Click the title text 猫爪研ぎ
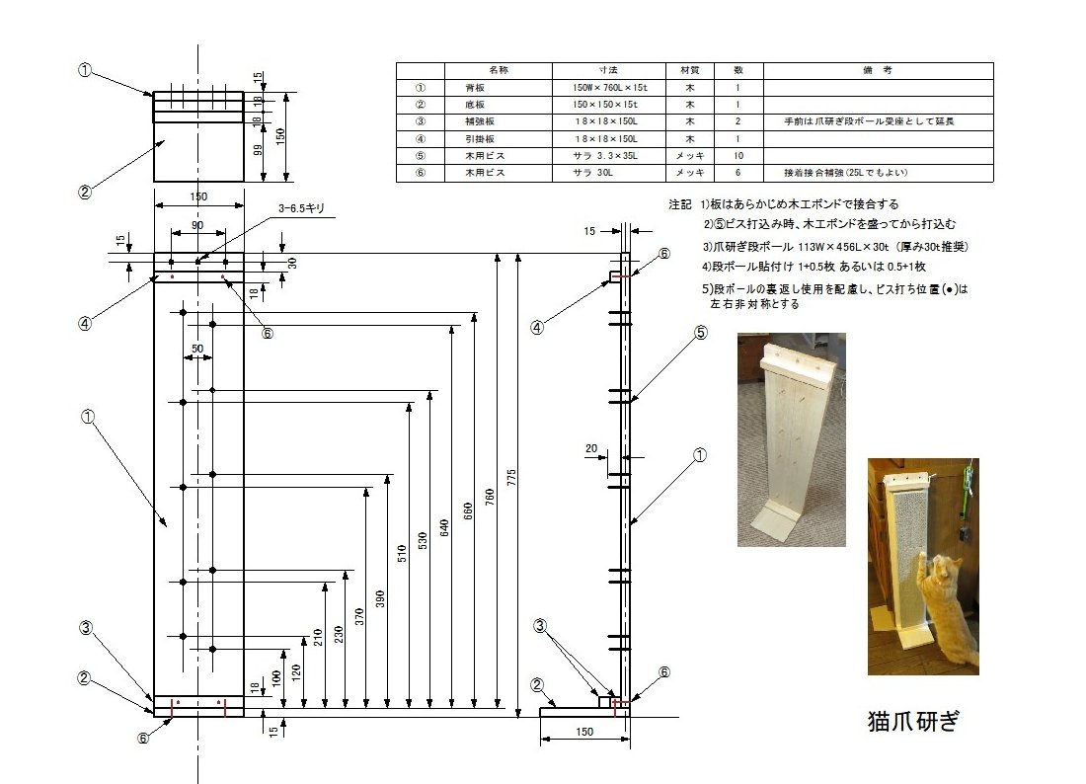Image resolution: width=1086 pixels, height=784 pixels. click(913, 721)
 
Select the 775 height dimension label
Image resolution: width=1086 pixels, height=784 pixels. click(511, 477)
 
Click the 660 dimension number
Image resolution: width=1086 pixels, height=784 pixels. click(468, 511)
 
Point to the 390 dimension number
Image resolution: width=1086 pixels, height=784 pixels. click(380, 599)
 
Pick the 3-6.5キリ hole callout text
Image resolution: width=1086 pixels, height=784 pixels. click(301, 208)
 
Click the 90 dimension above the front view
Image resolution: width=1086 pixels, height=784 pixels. click(198, 225)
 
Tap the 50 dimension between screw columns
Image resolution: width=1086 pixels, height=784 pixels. click(197, 349)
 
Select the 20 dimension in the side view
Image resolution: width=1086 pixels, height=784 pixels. click(590, 449)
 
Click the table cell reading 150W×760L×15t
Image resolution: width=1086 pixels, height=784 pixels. click(609, 88)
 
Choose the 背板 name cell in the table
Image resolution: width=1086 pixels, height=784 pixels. click(475, 88)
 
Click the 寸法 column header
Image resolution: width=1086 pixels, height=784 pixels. click(608, 71)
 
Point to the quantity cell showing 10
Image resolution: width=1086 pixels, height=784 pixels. click(738, 156)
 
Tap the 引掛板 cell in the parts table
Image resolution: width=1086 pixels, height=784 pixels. click(480, 139)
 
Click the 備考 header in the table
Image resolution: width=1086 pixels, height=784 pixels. click(878, 71)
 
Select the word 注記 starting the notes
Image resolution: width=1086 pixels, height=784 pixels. click(680, 204)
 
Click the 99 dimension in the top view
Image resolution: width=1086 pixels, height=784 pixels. click(258, 150)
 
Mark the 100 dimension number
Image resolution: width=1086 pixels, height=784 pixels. click(276, 678)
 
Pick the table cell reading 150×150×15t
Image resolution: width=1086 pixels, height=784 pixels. click(604, 105)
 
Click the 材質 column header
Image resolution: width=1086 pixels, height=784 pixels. click(690, 71)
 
